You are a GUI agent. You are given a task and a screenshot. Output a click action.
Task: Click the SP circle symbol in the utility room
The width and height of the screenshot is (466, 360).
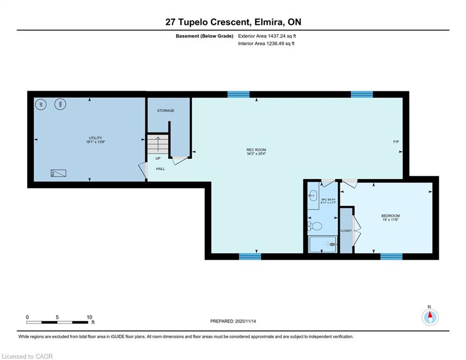41,105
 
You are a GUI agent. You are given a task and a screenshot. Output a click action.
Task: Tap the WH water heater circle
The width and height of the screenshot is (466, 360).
60,105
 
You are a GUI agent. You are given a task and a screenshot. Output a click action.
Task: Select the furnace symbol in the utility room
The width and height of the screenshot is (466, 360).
58,173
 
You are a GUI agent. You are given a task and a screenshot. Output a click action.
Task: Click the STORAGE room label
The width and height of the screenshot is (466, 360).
165,111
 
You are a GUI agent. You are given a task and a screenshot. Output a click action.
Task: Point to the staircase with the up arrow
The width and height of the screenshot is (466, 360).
158,144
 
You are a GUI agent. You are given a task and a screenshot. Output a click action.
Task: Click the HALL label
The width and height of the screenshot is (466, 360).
161,169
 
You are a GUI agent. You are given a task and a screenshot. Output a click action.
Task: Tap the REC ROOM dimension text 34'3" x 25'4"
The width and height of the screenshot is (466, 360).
256,154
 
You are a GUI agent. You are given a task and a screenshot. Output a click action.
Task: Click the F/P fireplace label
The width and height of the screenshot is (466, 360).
396,142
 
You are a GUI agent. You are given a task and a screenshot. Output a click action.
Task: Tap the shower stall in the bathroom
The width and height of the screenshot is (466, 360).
323,244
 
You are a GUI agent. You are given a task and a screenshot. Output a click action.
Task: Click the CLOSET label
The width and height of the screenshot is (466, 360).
346,231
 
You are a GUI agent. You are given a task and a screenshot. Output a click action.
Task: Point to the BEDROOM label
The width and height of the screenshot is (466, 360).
391,216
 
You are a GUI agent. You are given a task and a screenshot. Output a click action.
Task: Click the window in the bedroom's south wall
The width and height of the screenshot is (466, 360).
392,256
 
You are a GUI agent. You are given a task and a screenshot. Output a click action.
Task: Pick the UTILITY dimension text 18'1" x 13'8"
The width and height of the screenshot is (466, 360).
96,142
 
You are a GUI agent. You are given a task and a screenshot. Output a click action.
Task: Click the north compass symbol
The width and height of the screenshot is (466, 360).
430,317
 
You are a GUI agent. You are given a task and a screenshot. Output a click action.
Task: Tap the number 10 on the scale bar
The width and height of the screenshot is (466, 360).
89,317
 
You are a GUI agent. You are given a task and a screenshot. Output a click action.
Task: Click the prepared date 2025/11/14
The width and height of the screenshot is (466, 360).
245,321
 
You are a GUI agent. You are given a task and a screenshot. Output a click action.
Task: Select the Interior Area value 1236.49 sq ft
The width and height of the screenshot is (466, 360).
281,44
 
